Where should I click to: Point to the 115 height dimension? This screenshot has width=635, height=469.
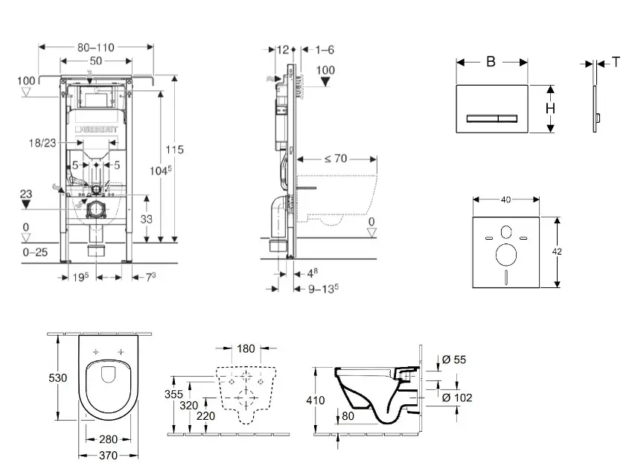coord(174,149)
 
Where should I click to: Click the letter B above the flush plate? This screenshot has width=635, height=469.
coord(491,62)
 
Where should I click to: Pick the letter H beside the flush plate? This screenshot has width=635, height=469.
coord(550,108)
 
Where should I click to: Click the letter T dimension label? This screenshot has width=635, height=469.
coord(616,63)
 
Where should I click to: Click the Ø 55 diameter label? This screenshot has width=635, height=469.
coord(455,360)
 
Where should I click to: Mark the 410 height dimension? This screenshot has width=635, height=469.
coord(316,400)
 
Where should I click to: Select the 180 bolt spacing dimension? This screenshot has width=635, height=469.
coord(246,348)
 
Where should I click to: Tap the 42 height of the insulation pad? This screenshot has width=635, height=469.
coord(557,252)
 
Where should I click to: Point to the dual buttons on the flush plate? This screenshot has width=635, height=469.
coord(491,118)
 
